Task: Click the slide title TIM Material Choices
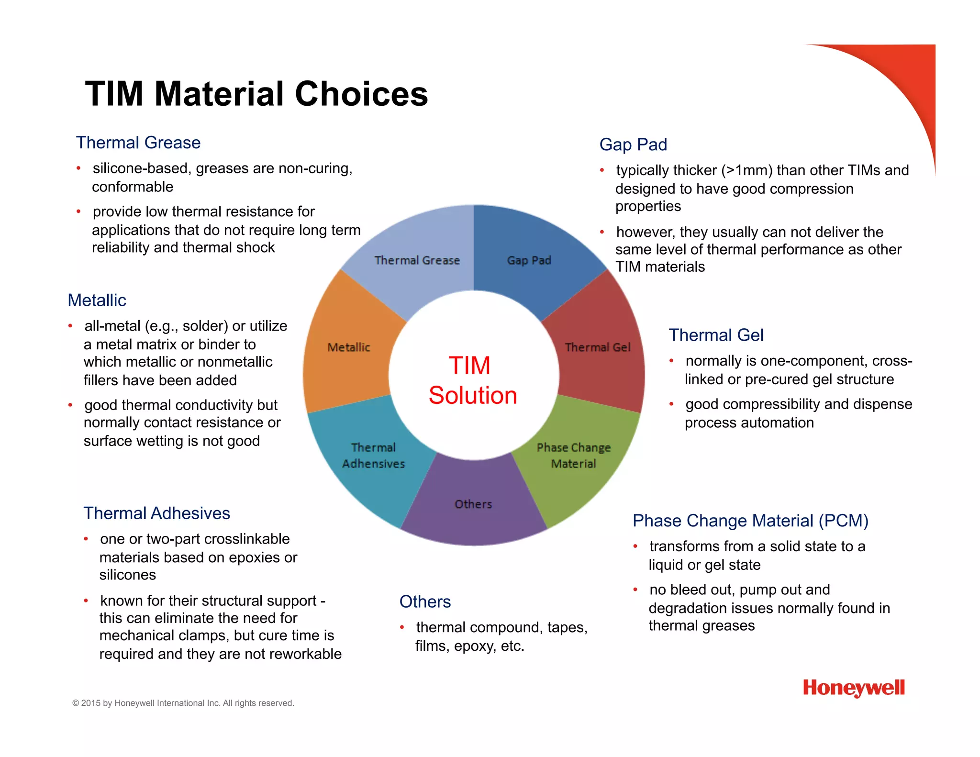(x=256, y=93)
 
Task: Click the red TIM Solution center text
(x=472, y=380)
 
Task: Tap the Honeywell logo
(x=854, y=688)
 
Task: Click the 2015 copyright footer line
(x=183, y=703)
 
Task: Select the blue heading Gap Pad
(x=633, y=145)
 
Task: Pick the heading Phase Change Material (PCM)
(x=750, y=521)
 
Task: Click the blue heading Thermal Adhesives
(x=156, y=513)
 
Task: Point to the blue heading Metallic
(x=97, y=301)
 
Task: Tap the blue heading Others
(x=425, y=602)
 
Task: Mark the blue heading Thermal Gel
(x=715, y=335)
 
